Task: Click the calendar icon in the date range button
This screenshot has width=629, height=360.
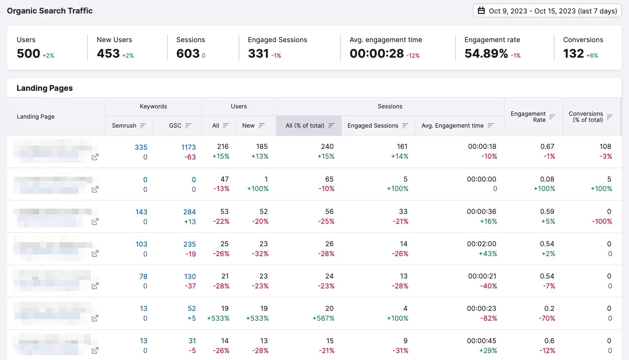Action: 481,11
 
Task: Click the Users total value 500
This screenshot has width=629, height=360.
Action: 28,54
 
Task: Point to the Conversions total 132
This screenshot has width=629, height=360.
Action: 573,54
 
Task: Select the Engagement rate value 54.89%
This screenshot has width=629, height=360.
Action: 486,54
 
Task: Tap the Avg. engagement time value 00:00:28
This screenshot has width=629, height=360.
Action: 376,54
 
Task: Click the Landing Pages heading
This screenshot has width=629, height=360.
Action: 45,88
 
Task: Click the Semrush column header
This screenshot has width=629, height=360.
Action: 124,126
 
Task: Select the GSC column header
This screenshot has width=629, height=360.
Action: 175,126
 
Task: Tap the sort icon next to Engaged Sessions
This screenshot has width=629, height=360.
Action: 405,126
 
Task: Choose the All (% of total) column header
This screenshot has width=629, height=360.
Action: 305,126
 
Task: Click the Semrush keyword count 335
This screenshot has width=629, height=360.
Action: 141,147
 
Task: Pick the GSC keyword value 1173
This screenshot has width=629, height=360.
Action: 189,147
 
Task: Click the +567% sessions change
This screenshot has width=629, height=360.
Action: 323,318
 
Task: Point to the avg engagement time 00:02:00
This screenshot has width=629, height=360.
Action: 482,244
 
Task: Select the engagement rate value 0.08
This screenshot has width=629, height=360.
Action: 547,179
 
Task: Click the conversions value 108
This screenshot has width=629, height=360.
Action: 605,146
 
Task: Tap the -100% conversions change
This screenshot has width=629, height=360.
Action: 602,221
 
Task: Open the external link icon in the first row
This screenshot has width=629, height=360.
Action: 95,157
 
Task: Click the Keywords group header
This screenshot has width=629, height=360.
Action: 153,106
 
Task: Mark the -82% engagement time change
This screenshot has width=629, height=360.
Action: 489,318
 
